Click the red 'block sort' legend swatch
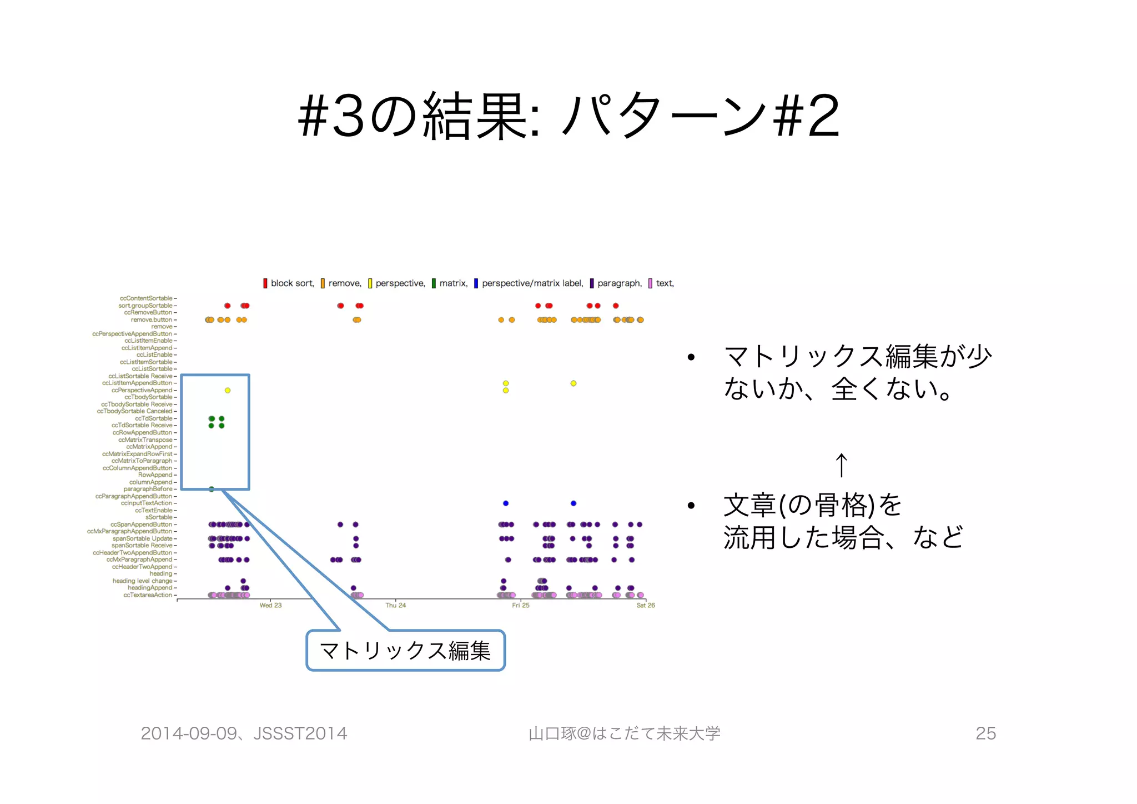265,283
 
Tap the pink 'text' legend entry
661,283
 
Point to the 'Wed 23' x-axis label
270,605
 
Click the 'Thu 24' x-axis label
395,605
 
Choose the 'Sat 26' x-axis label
645,605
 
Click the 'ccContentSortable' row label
146,298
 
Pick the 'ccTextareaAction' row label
148,595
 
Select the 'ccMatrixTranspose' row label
145,440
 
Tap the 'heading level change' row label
142,581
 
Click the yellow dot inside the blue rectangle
228,391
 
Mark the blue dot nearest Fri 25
506,503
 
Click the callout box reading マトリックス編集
405,651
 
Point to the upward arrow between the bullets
841,465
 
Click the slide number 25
985,733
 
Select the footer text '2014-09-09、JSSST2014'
244,733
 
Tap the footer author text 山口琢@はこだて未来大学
624,733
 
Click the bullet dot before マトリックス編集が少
691,357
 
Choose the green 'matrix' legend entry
450,283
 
